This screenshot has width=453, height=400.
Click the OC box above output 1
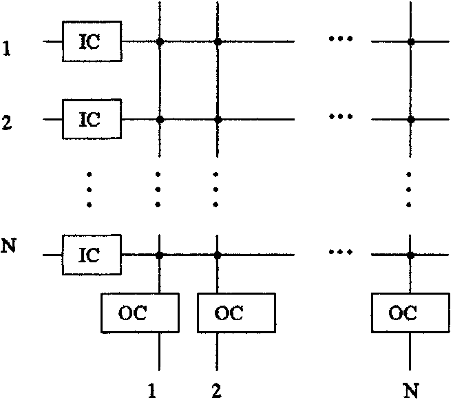click(x=140, y=313)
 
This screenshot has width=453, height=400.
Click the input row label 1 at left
click(x=7, y=50)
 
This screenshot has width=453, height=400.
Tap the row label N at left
click(x=8, y=245)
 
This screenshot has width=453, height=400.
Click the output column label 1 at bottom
click(x=153, y=391)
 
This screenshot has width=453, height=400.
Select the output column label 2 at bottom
click(x=218, y=391)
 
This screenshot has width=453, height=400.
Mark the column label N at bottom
click(x=410, y=391)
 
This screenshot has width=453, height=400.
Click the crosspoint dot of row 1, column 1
click(x=160, y=42)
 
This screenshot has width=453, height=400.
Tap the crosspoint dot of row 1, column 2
click(x=218, y=42)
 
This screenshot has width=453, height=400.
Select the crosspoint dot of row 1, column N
click(x=410, y=42)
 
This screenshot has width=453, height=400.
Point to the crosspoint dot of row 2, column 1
click(x=160, y=119)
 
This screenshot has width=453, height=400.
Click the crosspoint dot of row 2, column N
click(x=410, y=119)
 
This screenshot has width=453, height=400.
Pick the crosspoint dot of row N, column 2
click(x=218, y=255)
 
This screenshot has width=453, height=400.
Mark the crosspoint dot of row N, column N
click(x=410, y=255)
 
